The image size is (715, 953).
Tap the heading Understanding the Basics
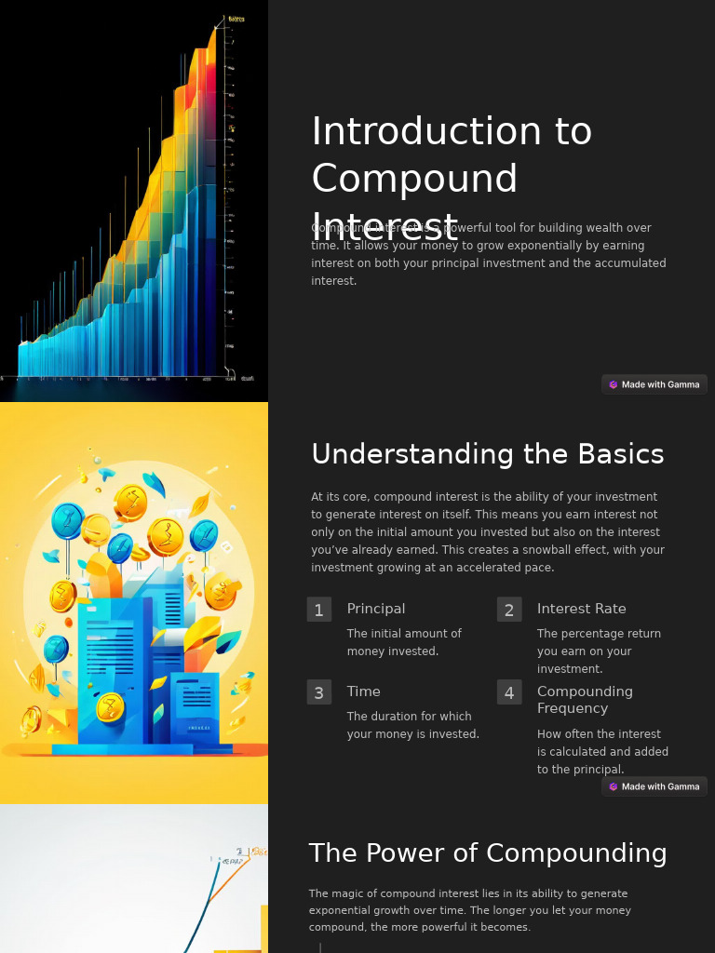coord(487,454)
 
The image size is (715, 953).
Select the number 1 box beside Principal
coord(318,610)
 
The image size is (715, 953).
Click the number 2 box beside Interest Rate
coord(508,610)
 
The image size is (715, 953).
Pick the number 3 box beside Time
coord(318,692)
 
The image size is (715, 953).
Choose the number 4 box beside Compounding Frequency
coord(508,692)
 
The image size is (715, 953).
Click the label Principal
coord(375,609)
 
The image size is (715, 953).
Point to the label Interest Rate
coord(581,609)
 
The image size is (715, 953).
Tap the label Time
coord(363,691)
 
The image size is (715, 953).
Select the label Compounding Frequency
coord(585,700)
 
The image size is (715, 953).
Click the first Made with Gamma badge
coord(654,384)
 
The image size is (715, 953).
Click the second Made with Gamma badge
coord(654,786)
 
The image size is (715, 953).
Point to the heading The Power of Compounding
coord(487,853)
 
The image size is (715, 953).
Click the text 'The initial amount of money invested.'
coord(404,642)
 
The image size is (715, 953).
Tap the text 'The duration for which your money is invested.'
coord(412,725)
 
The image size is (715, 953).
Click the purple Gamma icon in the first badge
coord(614,384)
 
